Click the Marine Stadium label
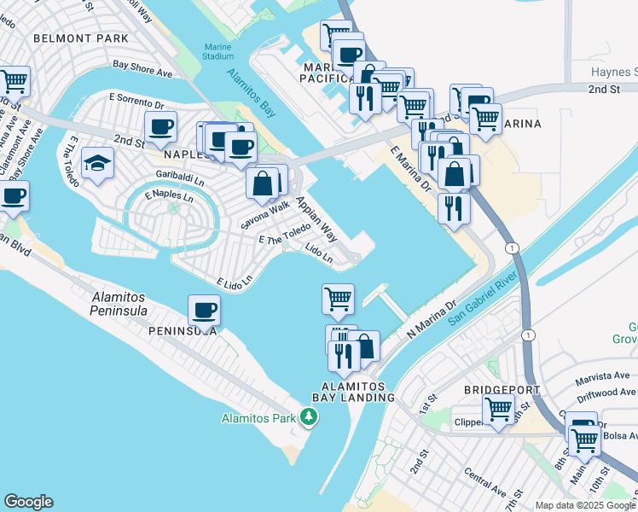218,51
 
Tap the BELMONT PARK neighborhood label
81,38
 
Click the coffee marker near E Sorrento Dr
160,128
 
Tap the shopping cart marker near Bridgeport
498,410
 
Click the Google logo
28,502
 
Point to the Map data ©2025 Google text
584,505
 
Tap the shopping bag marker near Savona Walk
263,182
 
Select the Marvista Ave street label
602,375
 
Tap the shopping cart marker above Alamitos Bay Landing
338,299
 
